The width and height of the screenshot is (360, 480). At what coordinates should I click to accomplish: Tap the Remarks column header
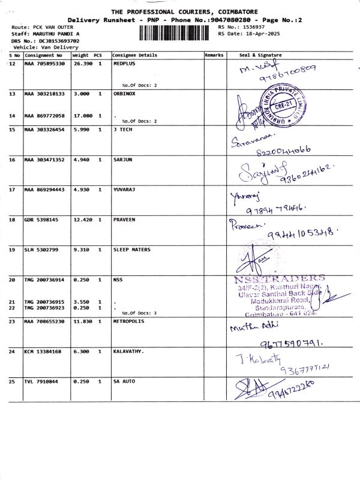(x=214, y=55)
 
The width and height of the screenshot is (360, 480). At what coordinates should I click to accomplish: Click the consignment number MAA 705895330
(x=44, y=64)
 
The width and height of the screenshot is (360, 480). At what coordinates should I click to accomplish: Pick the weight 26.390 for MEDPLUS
(x=82, y=64)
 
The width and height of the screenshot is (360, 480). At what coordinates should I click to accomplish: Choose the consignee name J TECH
(x=122, y=130)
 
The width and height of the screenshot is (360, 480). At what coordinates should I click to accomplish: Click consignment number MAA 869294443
(x=44, y=190)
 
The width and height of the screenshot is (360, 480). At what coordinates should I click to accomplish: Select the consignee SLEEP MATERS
(x=132, y=250)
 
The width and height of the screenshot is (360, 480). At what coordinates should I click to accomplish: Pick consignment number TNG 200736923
(x=44, y=307)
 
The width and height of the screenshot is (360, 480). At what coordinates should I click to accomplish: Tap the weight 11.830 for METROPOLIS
(x=82, y=322)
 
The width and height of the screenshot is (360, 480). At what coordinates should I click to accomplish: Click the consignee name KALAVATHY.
(x=128, y=352)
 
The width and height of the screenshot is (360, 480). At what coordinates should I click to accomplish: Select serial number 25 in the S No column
(x=13, y=381)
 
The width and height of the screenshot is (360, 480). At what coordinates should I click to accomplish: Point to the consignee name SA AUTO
(x=124, y=381)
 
